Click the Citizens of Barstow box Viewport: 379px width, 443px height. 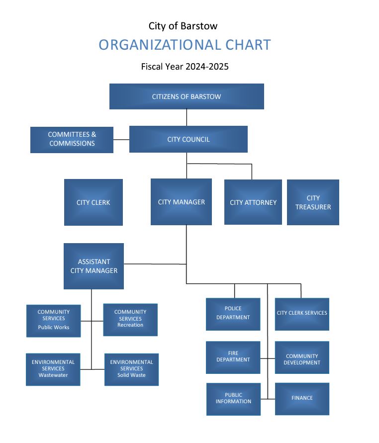point(187,96)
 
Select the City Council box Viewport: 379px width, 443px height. point(188,139)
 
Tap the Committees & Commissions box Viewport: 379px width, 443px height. point(72,139)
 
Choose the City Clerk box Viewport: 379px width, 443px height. point(93,202)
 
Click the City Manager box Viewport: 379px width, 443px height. point(181,202)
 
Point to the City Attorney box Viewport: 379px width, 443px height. point(253,202)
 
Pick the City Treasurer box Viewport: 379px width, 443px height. point(313,202)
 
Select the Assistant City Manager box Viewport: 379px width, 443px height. point(94,266)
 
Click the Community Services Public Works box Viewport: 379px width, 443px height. point(53,321)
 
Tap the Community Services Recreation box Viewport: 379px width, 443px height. point(130,319)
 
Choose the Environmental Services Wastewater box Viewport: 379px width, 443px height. point(53,369)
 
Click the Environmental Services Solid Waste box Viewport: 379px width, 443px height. point(131,369)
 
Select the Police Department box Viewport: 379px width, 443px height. point(233,314)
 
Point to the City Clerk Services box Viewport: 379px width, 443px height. point(302,313)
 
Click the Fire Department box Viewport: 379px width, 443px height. point(233,357)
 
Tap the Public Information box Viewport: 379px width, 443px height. point(233,399)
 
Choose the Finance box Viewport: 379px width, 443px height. point(302,398)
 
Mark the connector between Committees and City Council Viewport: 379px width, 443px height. point(121,139)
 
